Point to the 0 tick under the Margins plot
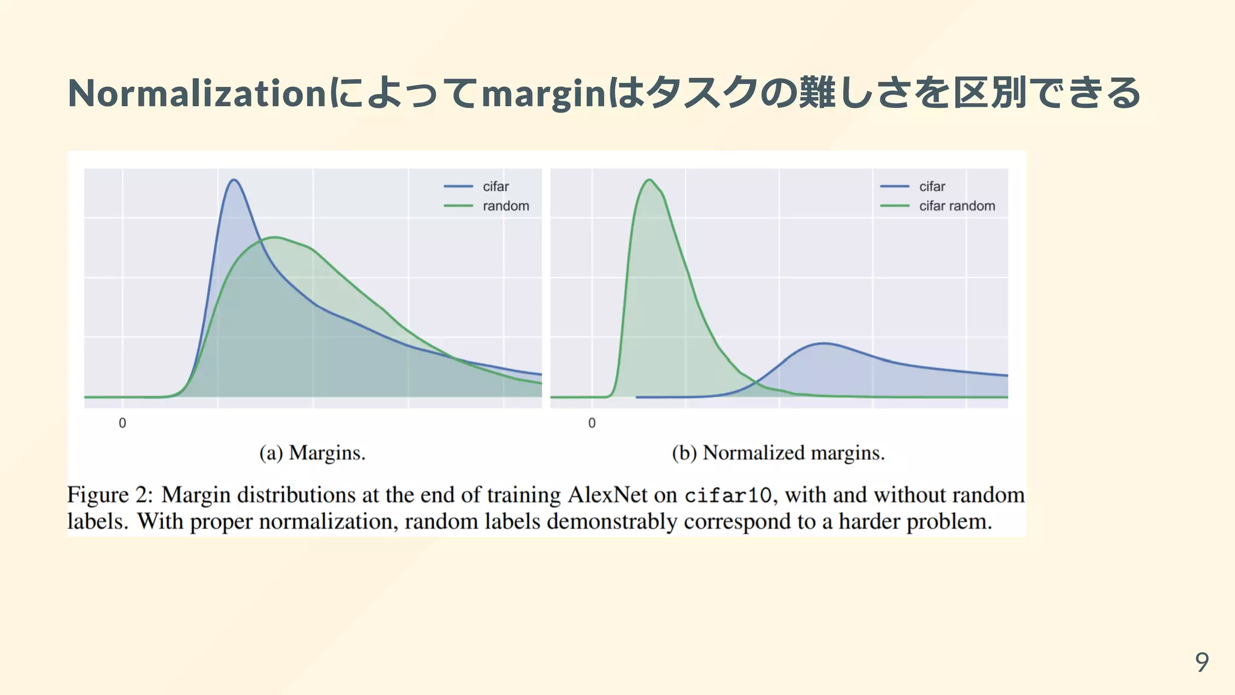(122, 423)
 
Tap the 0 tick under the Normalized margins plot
(592, 423)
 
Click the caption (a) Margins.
(312, 452)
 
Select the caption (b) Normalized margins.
(778, 452)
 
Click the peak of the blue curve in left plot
(234, 180)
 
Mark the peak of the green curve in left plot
(275, 237)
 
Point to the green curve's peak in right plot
(649, 180)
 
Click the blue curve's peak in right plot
(824, 343)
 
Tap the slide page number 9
(1202, 662)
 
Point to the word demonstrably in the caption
(611, 521)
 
